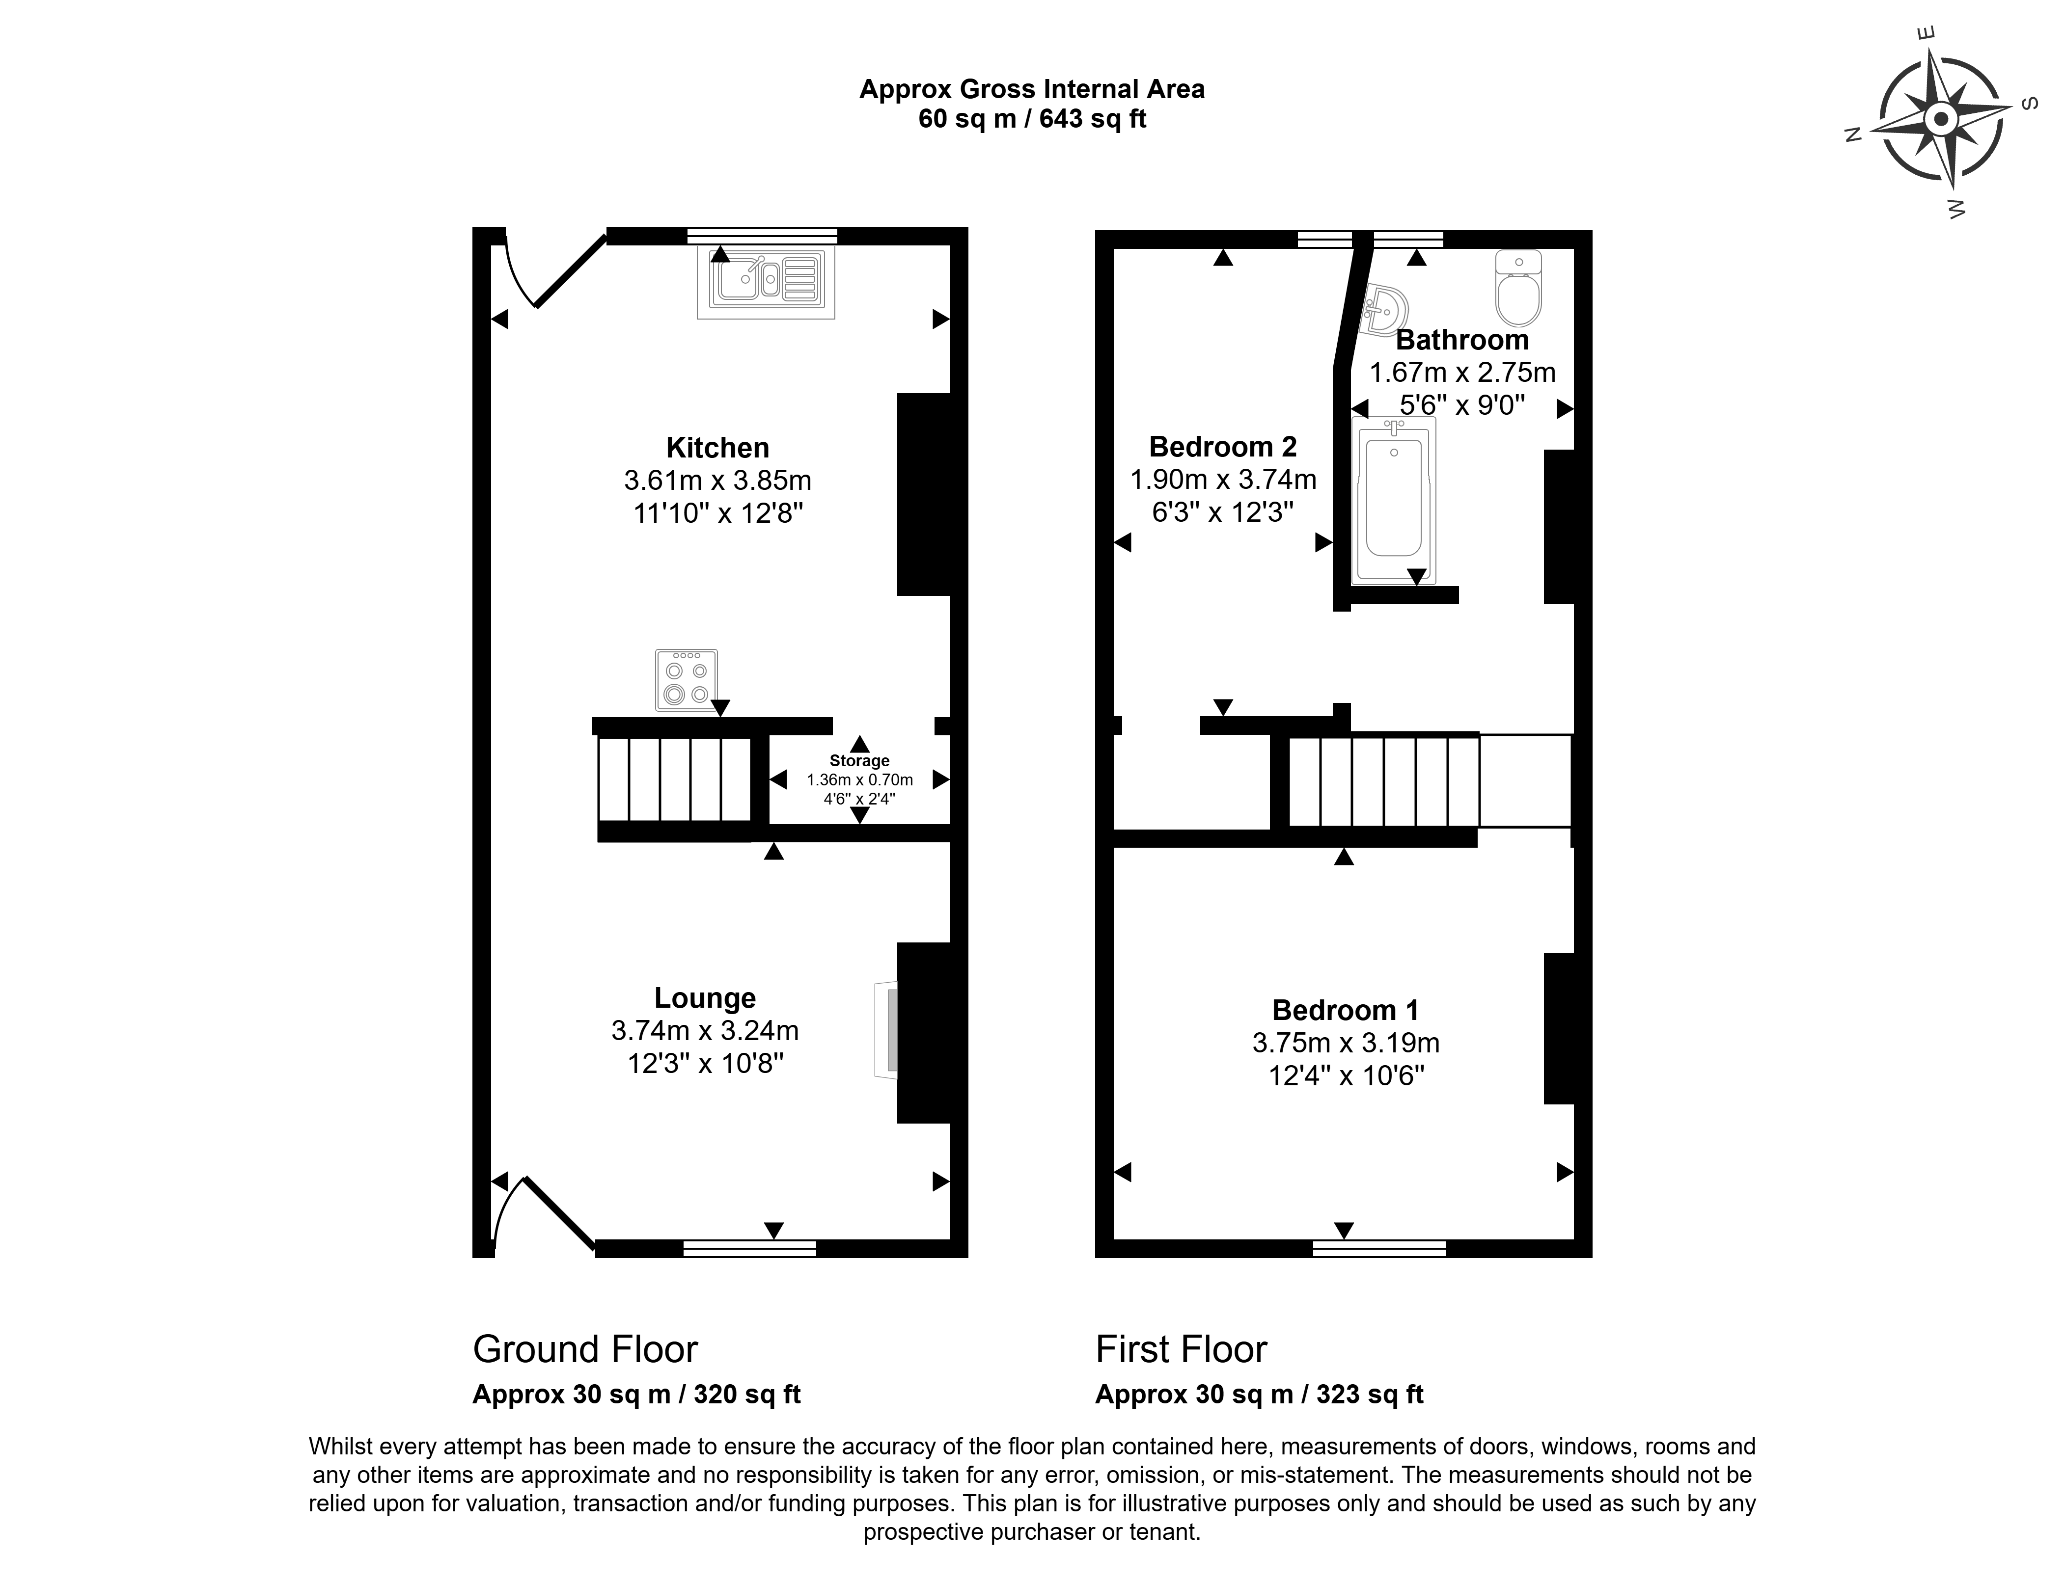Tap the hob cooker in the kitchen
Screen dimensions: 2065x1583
pos(686,679)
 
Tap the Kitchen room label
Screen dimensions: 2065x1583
pos(717,448)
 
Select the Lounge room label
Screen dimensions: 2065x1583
pos(705,998)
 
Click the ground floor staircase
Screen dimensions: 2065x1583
pos(675,780)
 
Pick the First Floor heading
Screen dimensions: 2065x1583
pos(1181,1349)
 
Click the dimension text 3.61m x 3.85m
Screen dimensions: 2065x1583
pos(717,481)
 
